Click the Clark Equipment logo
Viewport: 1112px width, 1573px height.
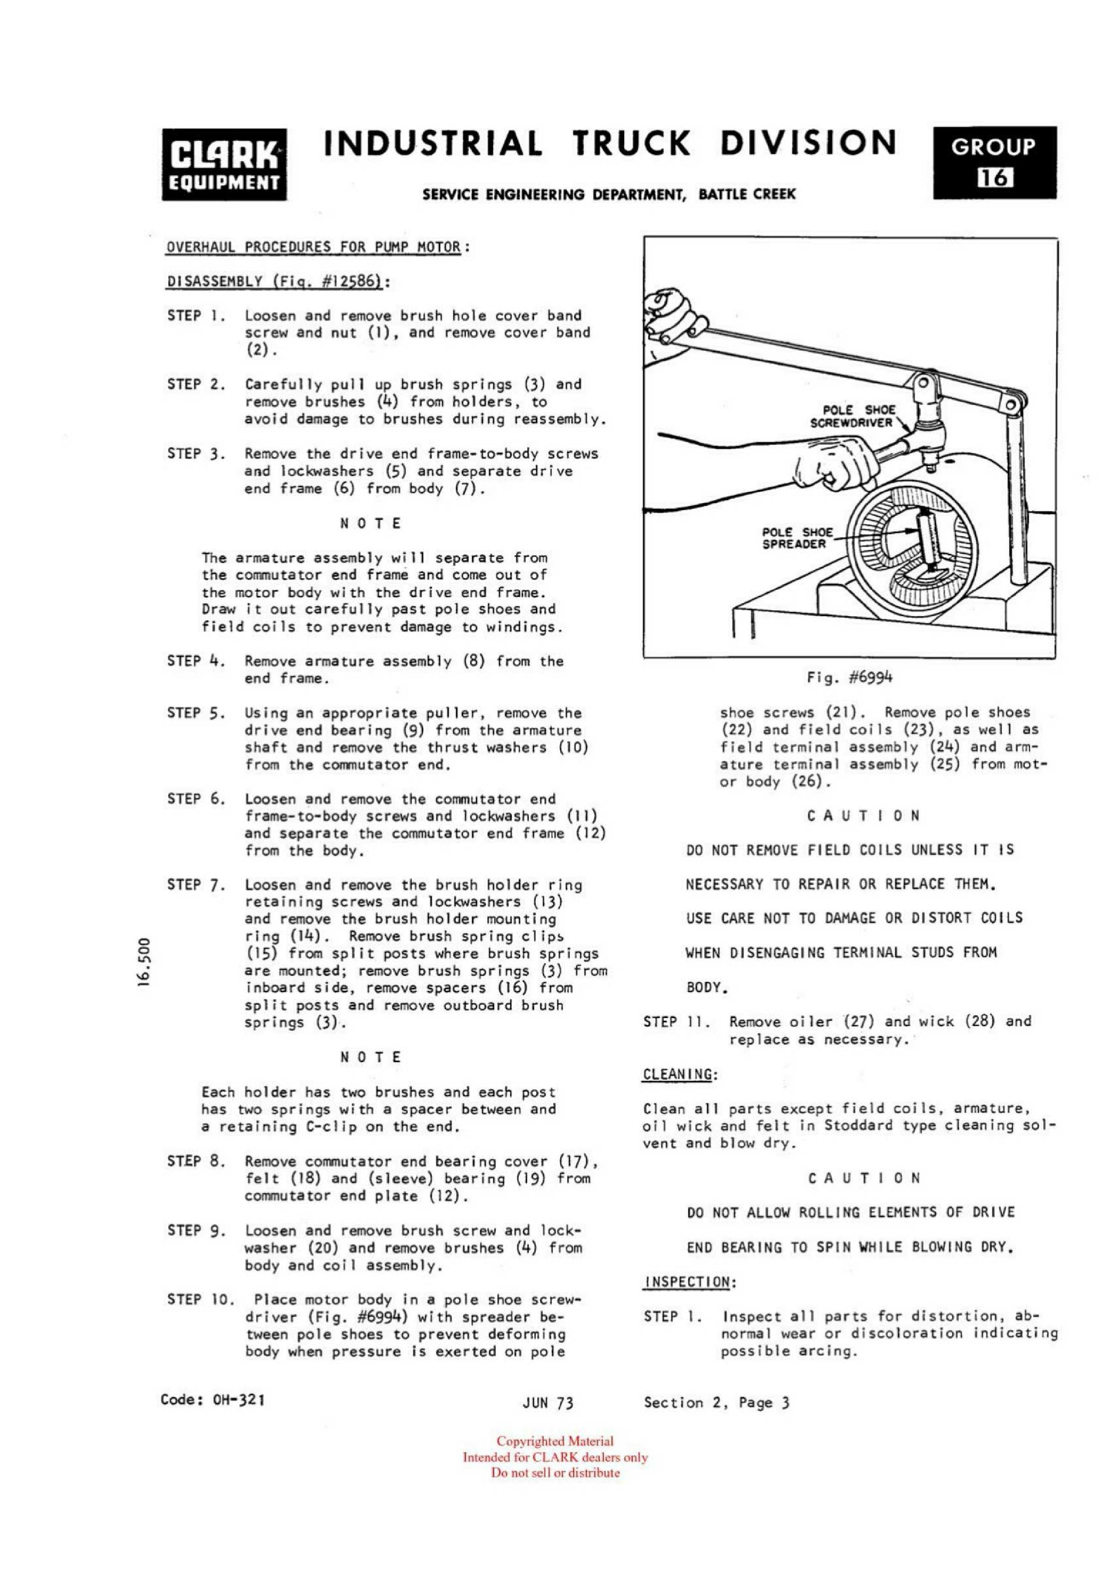click(224, 165)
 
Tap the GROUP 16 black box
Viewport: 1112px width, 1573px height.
click(994, 163)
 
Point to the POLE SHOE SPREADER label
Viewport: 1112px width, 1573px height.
click(797, 538)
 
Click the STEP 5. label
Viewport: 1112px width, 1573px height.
click(196, 713)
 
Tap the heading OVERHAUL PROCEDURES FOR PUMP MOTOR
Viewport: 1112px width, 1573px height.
click(314, 247)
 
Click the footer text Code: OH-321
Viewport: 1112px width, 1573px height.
click(213, 1399)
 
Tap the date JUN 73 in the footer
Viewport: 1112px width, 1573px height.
click(547, 1403)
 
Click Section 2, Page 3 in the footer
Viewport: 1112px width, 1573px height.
click(717, 1403)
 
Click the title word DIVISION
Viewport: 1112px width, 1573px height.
click(808, 144)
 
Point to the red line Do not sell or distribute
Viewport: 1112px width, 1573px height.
click(555, 1472)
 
